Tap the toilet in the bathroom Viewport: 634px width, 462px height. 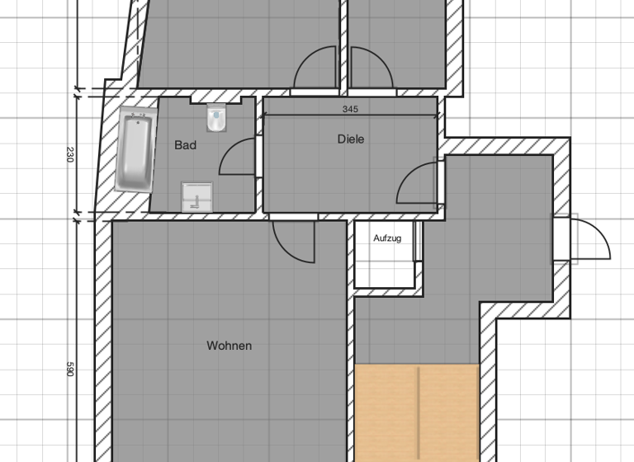click(x=216, y=119)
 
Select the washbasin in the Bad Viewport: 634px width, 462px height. click(x=196, y=196)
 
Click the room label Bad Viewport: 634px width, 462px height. click(x=186, y=145)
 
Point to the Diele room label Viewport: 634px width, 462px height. click(x=351, y=139)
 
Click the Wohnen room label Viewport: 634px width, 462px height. click(x=229, y=346)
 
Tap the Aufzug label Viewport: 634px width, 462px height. click(x=387, y=238)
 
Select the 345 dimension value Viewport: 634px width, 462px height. click(x=350, y=109)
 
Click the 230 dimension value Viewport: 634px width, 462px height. click(x=70, y=154)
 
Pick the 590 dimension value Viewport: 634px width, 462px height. click(x=70, y=369)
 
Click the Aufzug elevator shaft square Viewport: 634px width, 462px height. click(x=385, y=256)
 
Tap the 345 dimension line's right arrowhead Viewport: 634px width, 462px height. click(x=433, y=115)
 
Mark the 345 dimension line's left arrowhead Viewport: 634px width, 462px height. click(x=266, y=115)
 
